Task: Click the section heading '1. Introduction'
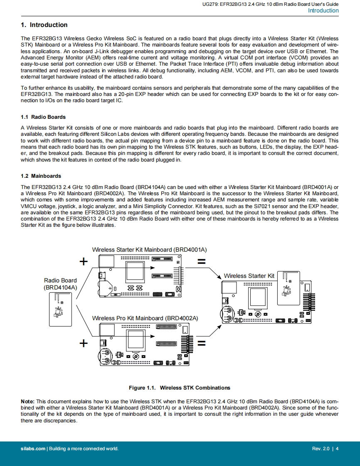pos(44,25)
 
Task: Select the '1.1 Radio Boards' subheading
pos(43,117)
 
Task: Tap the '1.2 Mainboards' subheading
pos(41,176)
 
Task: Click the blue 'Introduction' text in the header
pos(323,11)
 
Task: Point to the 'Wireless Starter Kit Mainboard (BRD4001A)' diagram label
pos(149,250)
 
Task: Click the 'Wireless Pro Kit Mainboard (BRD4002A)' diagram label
pos(145,318)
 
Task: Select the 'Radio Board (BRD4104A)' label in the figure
pos(60,284)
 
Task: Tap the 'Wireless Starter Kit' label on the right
pos(249,276)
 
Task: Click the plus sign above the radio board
pos(84,261)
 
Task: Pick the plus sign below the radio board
pos(84,343)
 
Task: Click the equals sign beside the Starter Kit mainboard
pos(202,262)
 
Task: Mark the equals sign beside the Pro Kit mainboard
pos(202,343)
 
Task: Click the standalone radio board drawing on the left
pos(61,309)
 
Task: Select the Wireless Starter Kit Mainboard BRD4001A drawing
pos(140,276)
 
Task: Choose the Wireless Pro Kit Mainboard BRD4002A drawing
pos(144,344)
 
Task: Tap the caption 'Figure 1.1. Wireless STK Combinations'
pos(179,388)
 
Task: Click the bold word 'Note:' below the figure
pos(28,402)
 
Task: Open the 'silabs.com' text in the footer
pos(33,449)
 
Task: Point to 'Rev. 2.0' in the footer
pos(321,449)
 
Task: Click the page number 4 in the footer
pos(337,449)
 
